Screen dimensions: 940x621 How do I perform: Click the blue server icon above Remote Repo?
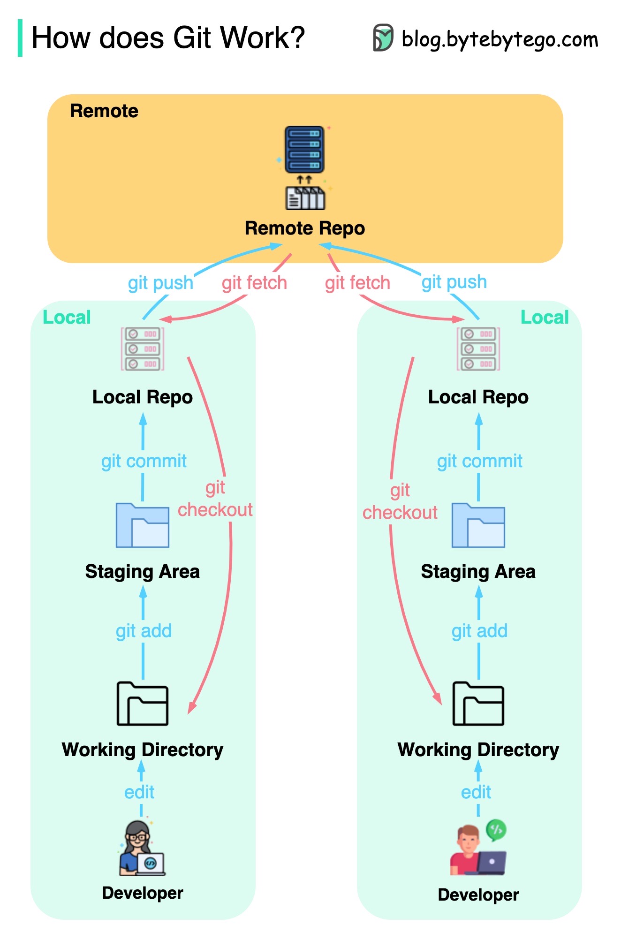pos(305,150)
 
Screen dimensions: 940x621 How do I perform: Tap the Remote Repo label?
pos(305,228)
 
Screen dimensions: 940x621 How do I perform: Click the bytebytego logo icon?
pos(383,38)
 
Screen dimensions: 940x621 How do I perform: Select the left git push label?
pos(160,283)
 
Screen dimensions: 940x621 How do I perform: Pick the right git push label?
pos(454,282)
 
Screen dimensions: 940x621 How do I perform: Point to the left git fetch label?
pos(254,283)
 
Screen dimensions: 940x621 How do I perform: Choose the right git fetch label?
pos(357,283)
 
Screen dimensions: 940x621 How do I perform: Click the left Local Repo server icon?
pos(143,349)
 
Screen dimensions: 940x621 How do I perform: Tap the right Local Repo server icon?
pos(478,349)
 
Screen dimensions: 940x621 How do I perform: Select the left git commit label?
pos(144,461)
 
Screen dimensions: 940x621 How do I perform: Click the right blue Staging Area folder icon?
pos(478,525)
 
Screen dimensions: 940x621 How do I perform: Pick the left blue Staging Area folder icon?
pos(143,525)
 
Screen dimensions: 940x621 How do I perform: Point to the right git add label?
pos(479,631)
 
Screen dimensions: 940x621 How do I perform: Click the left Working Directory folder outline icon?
pos(143,704)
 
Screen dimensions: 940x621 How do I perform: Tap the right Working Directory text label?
pos(478,750)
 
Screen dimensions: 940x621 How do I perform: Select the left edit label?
pos(139,792)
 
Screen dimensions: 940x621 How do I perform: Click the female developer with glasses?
pos(141,849)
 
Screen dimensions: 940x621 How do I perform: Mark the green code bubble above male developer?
pos(496,830)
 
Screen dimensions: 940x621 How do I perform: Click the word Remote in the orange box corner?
pos(104,111)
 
